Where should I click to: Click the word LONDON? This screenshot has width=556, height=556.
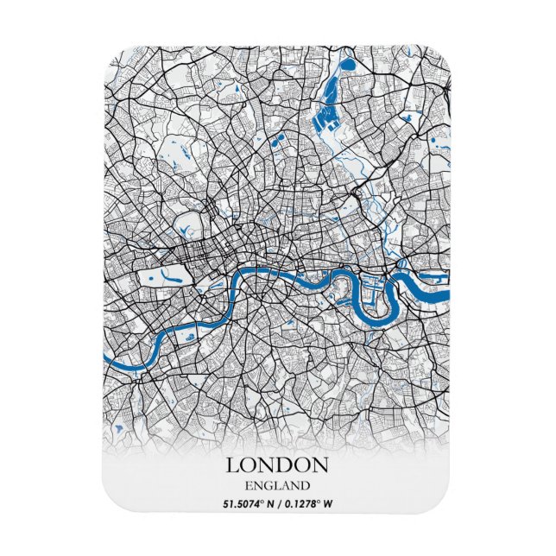click(277, 464)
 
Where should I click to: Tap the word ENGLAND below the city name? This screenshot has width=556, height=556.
click(277, 484)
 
